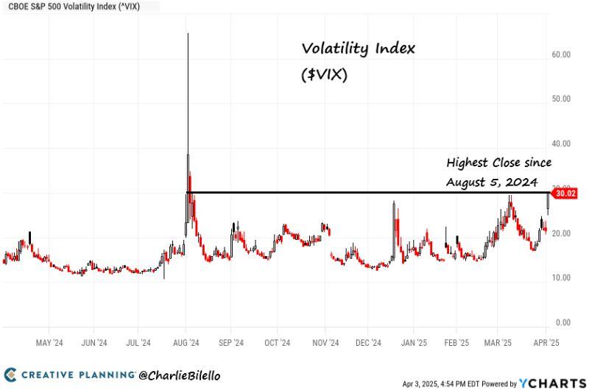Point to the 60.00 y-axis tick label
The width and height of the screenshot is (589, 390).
coord(562,54)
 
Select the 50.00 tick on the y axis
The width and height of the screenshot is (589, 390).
coord(562,99)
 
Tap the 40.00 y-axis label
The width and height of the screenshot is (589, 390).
coord(562,143)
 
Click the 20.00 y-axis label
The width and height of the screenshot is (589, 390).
coord(562,233)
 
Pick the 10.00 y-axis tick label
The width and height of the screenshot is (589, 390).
coord(562,277)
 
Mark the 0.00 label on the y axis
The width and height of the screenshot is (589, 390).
coord(564,322)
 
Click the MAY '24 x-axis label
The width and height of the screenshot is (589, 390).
coord(49,343)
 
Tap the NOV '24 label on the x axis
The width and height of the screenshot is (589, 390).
coord(325,343)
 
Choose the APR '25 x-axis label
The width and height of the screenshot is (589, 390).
coord(545,343)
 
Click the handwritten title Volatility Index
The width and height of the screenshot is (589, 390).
coord(359,49)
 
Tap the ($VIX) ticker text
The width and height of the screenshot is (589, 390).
coord(325,74)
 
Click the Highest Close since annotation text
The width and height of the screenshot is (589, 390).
coord(498,162)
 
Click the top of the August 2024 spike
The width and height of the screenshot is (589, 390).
coord(188,34)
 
